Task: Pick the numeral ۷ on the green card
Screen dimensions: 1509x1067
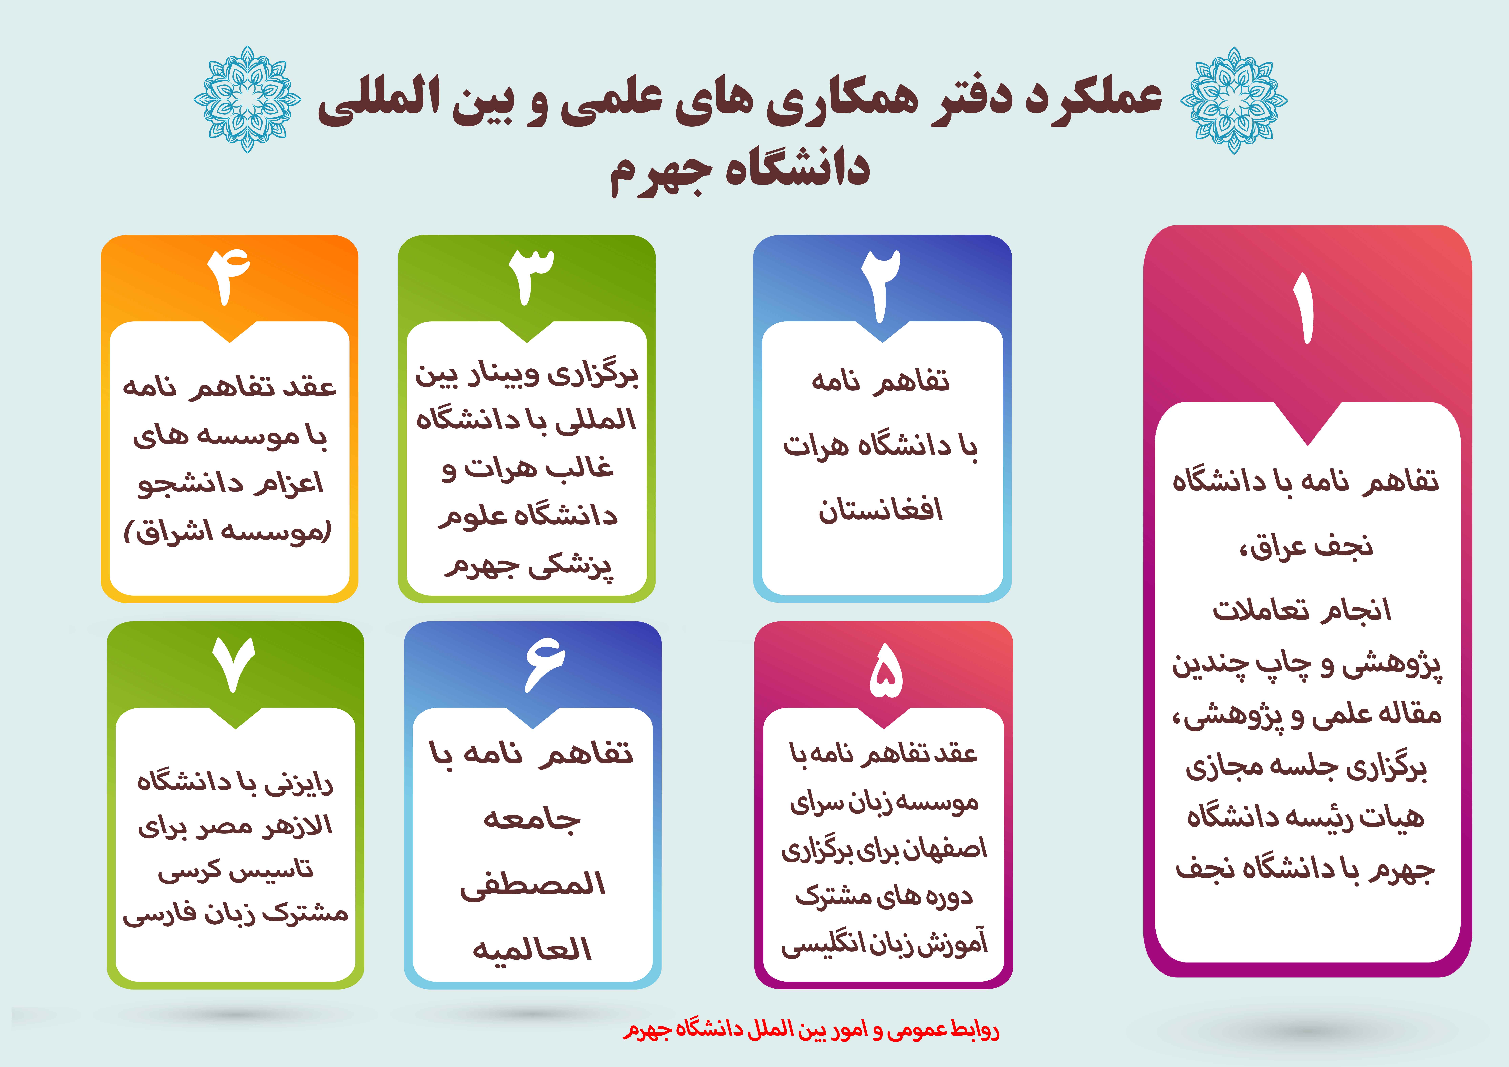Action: pyautogui.click(x=234, y=664)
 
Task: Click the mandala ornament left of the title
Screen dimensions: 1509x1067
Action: pyautogui.click(x=247, y=99)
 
